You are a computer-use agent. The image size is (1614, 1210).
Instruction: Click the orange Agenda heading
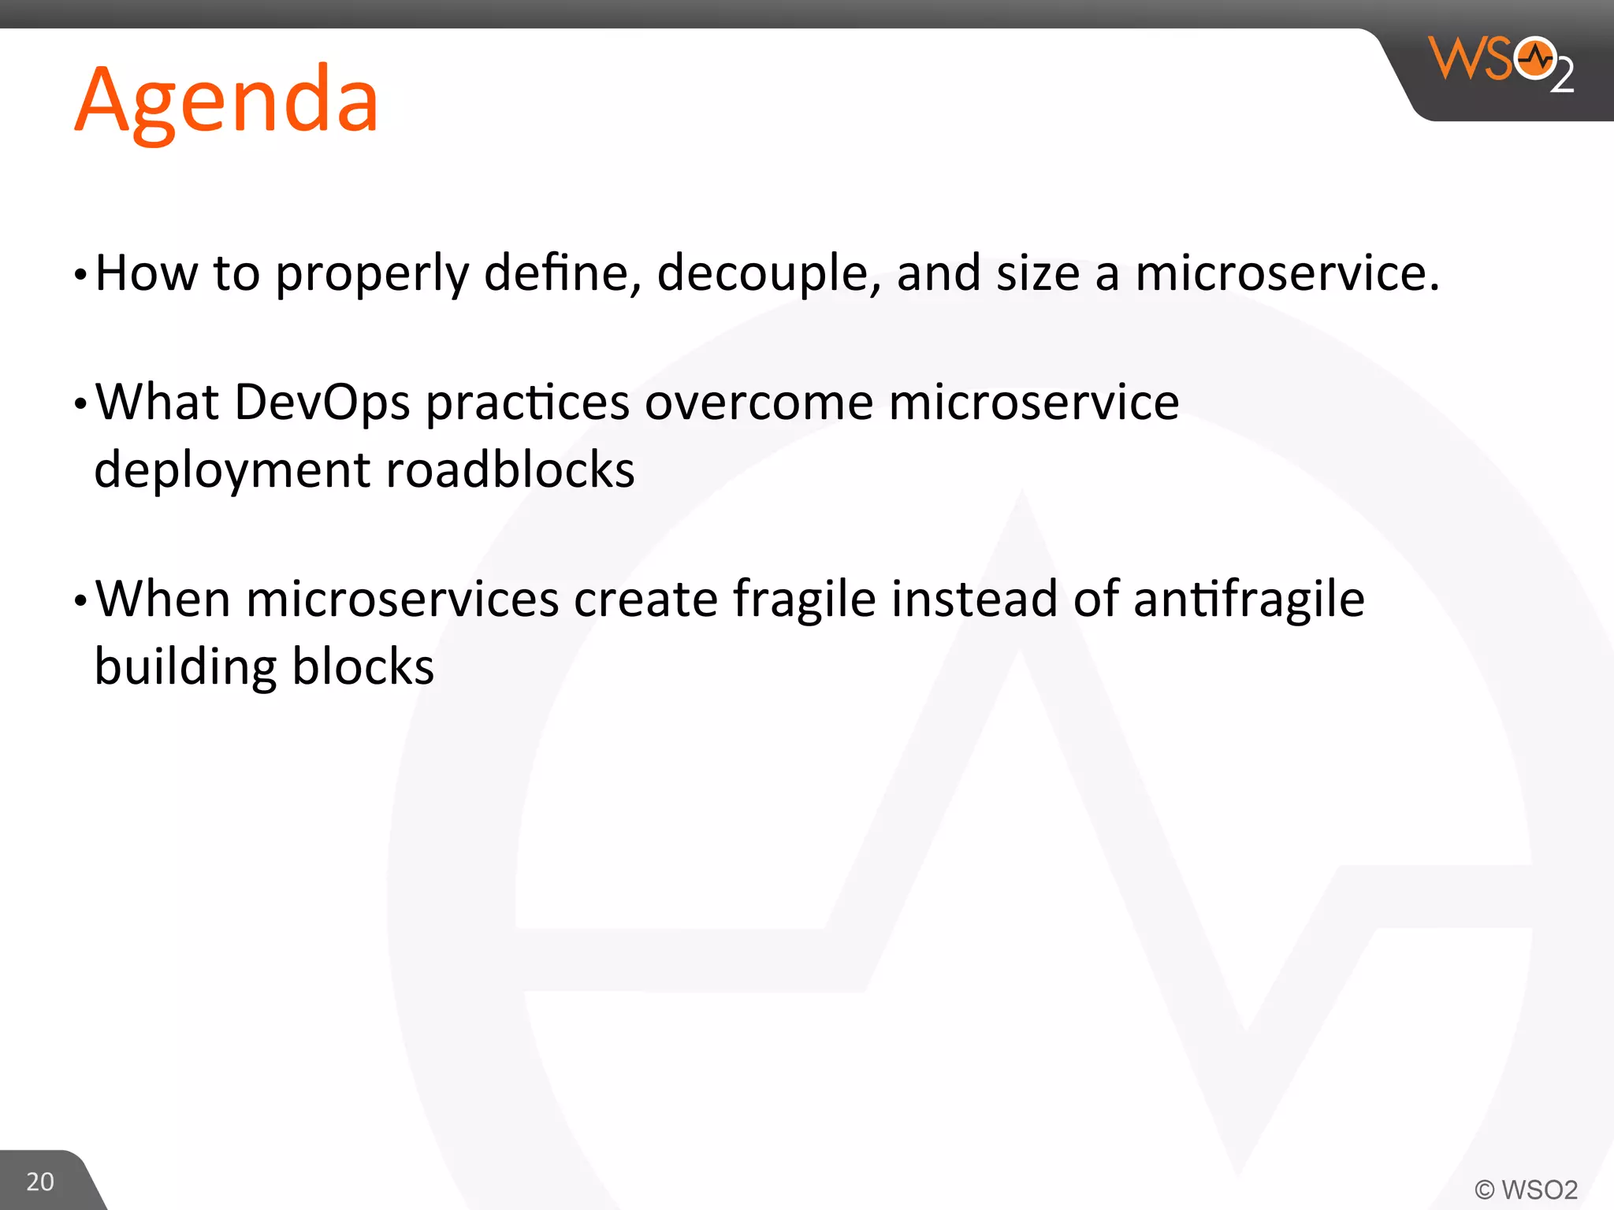[227, 101]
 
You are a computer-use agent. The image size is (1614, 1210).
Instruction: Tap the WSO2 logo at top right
[1501, 63]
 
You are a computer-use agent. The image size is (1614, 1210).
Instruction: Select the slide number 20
[40, 1182]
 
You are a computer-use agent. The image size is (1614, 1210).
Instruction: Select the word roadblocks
[510, 470]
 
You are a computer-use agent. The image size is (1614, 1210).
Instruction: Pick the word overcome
[759, 403]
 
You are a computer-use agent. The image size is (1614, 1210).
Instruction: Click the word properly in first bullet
[372, 275]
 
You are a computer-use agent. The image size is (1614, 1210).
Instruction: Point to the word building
[185, 668]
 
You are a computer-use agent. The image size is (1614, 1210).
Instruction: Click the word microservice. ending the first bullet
[1287, 273]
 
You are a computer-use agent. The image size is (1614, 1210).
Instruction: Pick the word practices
[527, 404]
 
